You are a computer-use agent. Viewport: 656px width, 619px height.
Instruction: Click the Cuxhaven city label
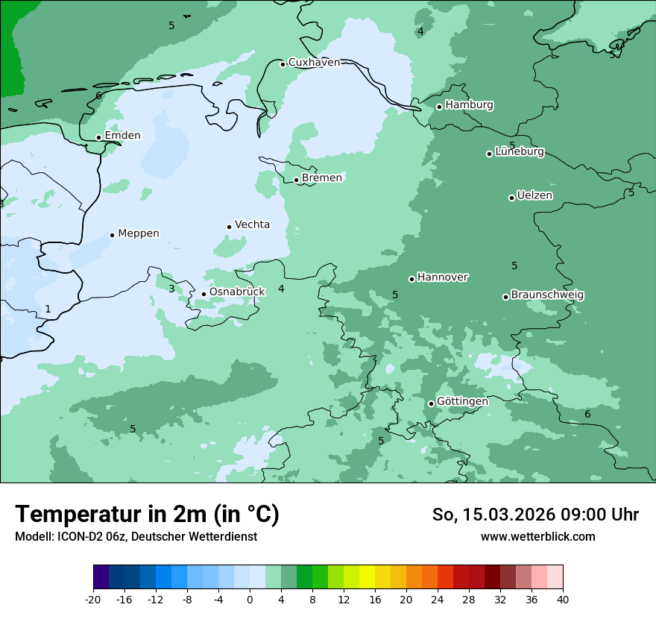pyautogui.click(x=314, y=63)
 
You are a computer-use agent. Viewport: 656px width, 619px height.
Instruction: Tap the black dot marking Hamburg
pyautogui.click(x=440, y=107)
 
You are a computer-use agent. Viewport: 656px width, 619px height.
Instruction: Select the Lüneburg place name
pyautogui.click(x=520, y=151)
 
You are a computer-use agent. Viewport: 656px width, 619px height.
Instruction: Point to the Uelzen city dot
pyautogui.click(x=512, y=198)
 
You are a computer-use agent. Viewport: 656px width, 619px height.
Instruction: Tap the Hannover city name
pyautogui.click(x=443, y=277)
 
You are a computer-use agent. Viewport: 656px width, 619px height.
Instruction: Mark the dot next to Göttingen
pyautogui.click(x=431, y=403)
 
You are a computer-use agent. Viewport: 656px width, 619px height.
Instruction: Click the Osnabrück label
pyautogui.click(x=237, y=292)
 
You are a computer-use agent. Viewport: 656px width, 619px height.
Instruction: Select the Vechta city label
pyautogui.click(x=252, y=224)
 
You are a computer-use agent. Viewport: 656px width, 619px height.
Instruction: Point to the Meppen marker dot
pyautogui.click(x=113, y=235)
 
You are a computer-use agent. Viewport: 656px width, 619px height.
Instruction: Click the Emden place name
pyautogui.click(x=122, y=135)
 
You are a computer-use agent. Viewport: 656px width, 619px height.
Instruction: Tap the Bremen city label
pyautogui.click(x=322, y=177)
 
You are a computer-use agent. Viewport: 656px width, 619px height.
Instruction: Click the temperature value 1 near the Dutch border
pyautogui.click(x=48, y=309)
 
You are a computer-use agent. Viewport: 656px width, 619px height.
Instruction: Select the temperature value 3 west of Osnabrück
pyautogui.click(x=171, y=289)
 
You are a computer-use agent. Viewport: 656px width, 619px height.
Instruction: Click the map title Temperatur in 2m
pyautogui.click(x=148, y=515)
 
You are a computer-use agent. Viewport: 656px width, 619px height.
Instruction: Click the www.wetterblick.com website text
pyautogui.click(x=537, y=536)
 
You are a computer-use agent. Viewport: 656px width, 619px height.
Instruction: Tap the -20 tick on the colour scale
pyautogui.click(x=93, y=599)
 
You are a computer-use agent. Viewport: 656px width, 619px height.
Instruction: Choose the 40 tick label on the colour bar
pyautogui.click(x=563, y=599)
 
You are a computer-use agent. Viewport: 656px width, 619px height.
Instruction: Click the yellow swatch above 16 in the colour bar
pyautogui.click(x=367, y=577)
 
